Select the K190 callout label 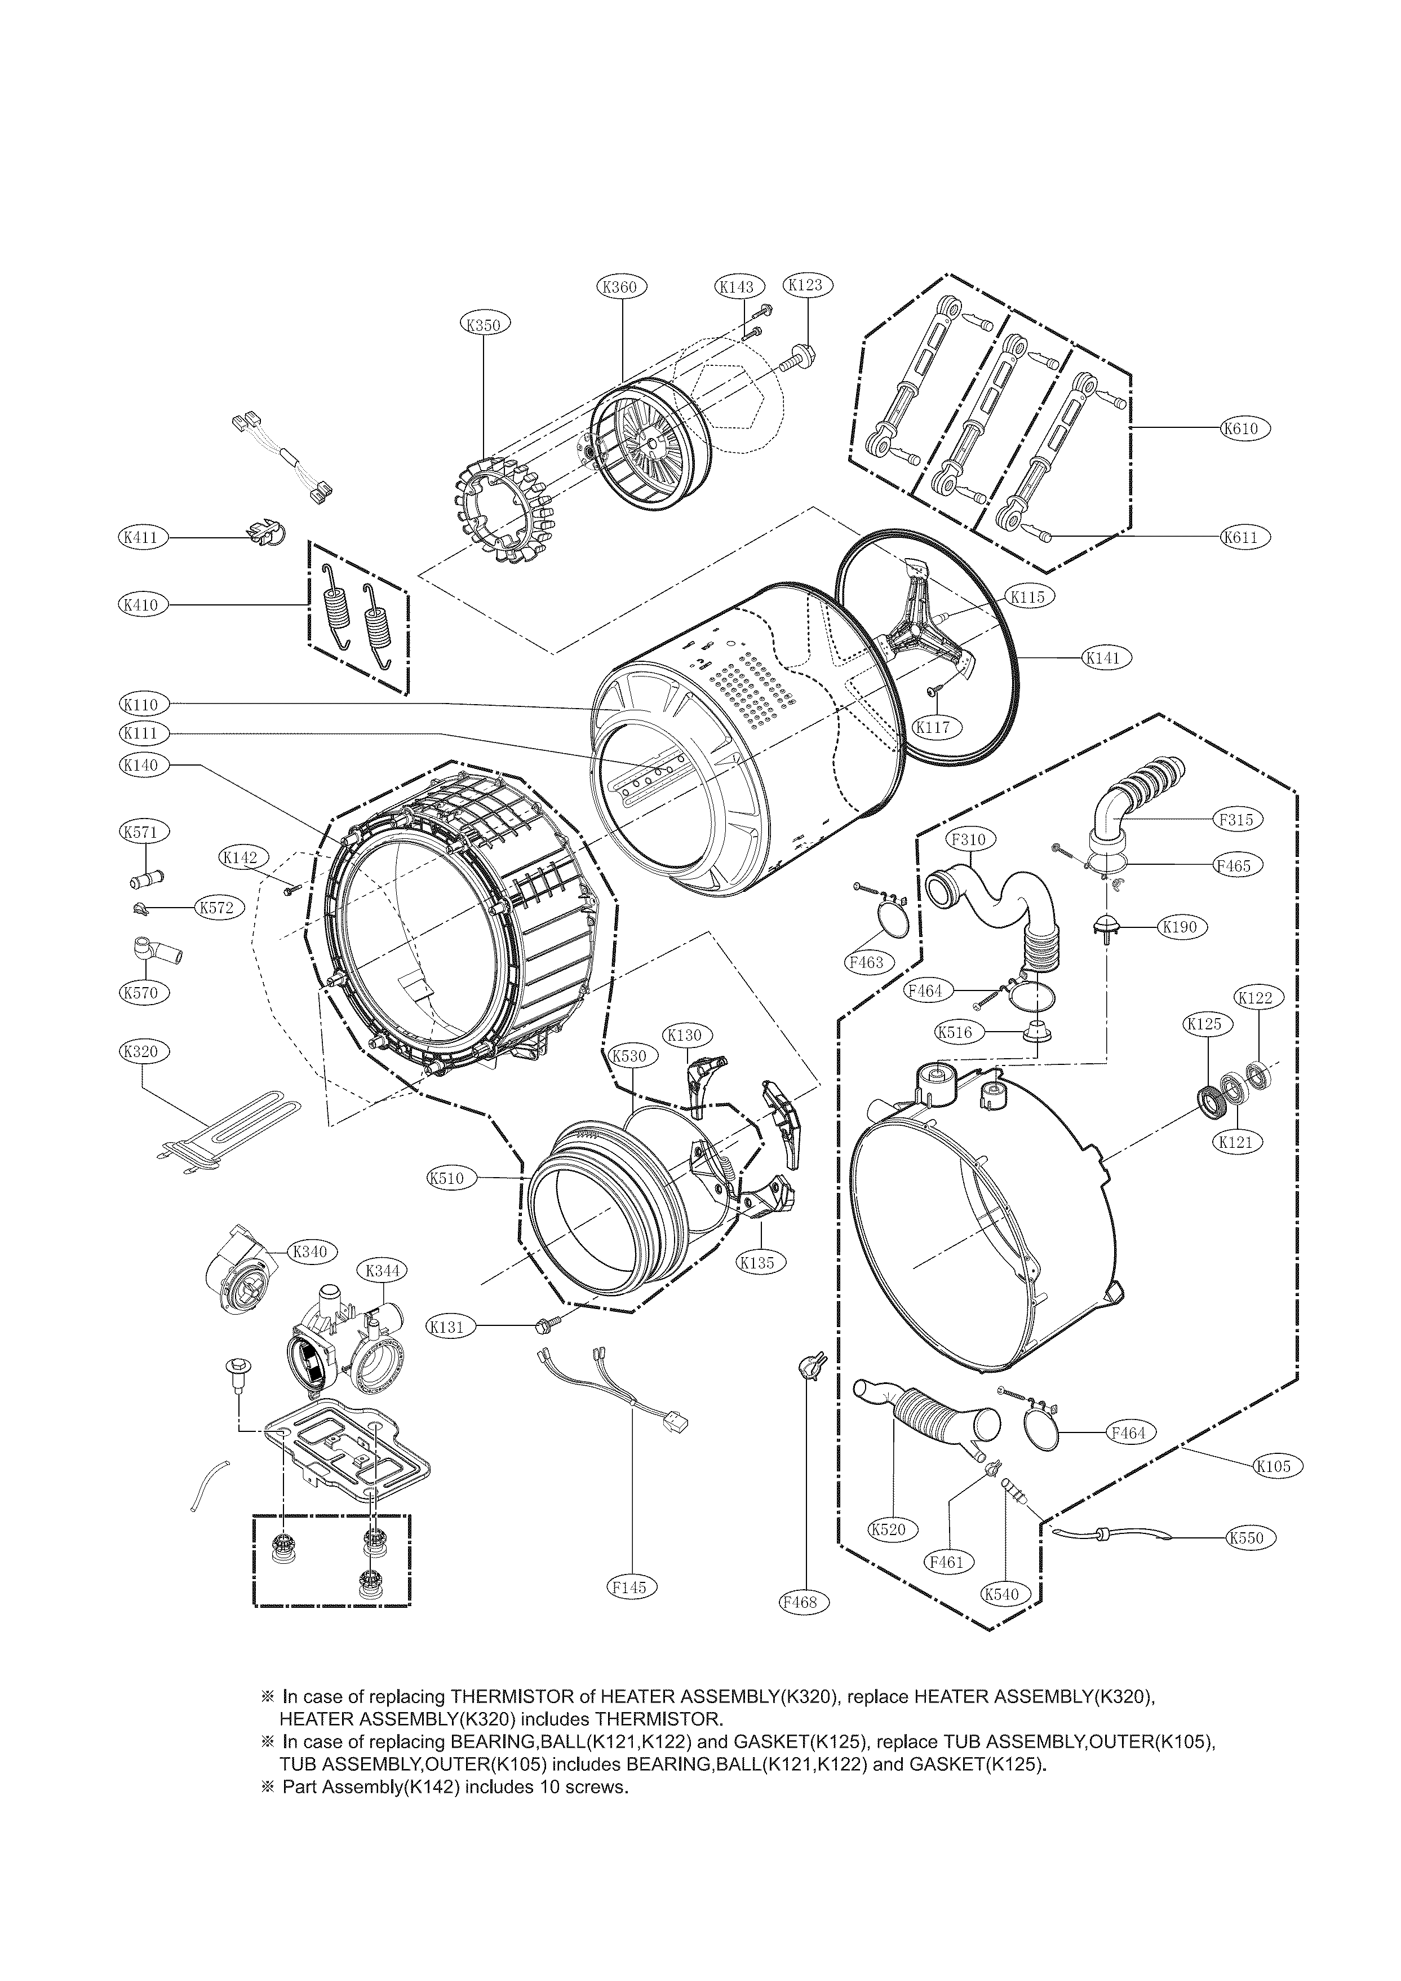pyautogui.click(x=1180, y=927)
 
